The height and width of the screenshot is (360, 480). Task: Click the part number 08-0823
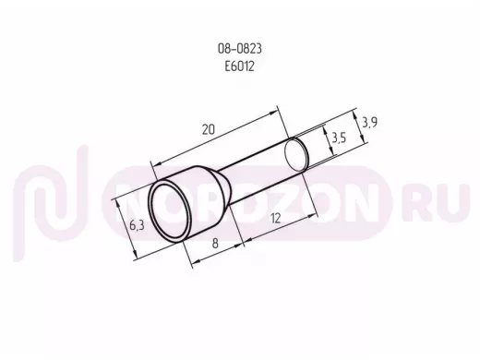pos(240,49)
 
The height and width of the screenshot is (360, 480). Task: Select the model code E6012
pos(240,66)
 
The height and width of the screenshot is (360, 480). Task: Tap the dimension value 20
pos(209,129)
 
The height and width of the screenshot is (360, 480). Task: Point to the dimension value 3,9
pos(369,123)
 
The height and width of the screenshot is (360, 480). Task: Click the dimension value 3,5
pos(339,138)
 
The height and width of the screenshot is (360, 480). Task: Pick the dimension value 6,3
pos(137,225)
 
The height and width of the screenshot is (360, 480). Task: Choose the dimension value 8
pos(215,244)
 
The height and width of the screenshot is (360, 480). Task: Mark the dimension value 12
pos(275,219)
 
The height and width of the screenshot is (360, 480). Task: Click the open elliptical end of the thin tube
pos(296,155)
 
